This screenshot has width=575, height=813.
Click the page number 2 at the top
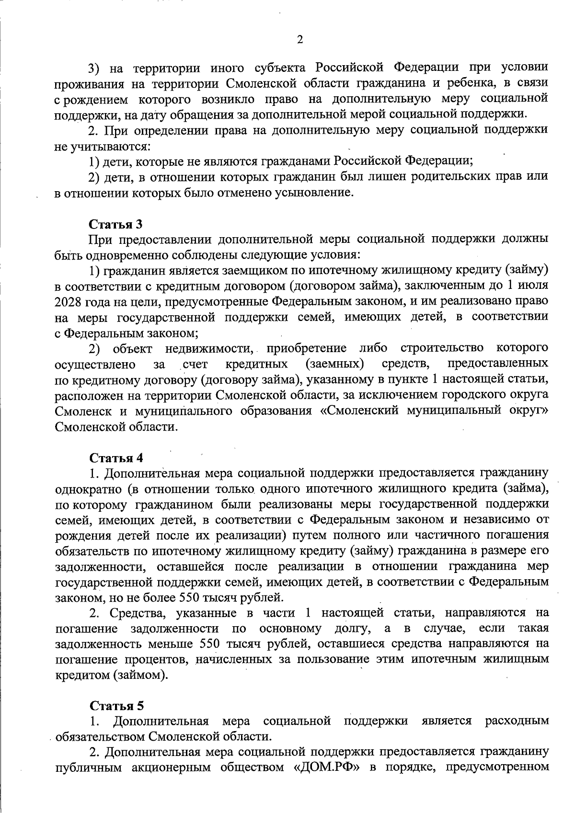[x=300, y=40]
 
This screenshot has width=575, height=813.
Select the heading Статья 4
[x=116, y=458]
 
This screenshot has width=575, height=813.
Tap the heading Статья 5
[x=116, y=706]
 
